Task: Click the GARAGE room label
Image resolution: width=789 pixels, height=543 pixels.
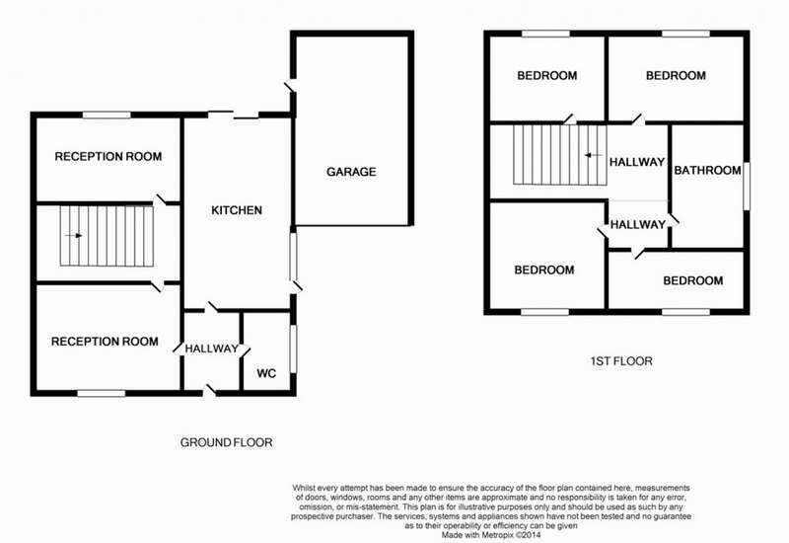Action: (351, 172)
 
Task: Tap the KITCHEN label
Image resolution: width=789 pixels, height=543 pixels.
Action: (237, 210)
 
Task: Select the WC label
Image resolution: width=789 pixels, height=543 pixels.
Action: (266, 373)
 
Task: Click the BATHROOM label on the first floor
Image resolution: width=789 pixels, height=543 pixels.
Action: (707, 170)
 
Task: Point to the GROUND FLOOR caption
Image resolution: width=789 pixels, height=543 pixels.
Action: (227, 442)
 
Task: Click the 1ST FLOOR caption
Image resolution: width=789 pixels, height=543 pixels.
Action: (621, 361)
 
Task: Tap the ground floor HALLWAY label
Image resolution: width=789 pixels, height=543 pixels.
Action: (211, 349)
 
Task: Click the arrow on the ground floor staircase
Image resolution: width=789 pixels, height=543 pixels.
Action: (73, 235)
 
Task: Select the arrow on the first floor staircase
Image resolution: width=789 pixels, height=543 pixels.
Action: (594, 155)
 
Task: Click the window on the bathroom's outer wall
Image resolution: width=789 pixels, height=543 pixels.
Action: (747, 186)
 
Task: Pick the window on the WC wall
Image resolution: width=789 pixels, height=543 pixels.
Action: (294, 349)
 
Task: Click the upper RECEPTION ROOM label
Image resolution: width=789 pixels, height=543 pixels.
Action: (108, 157)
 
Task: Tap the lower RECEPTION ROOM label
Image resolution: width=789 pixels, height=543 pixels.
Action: (105, 342)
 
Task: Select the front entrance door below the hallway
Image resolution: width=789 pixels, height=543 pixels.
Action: (209, 391)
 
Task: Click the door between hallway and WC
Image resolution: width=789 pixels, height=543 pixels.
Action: (244, 351)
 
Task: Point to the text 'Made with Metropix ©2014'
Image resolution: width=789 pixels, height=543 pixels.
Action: (491, 535)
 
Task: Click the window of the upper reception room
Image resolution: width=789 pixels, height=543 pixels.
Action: (107, 116)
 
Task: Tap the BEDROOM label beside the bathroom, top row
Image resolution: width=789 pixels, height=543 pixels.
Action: (676, 76)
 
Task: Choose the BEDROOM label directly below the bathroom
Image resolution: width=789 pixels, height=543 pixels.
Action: (693, 280)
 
